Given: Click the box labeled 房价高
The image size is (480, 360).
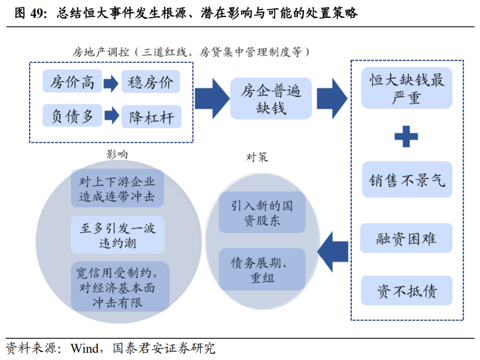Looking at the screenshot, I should pos(72,82).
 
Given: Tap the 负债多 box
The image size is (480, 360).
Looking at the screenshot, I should pos(72,116).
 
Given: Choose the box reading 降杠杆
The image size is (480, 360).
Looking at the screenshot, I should pos(151,117).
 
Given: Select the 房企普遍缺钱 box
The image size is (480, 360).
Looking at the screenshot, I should pos(271,99).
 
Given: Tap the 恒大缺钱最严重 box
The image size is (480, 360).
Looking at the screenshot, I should pos(406,88).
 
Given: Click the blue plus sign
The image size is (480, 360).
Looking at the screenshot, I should pos(406,136).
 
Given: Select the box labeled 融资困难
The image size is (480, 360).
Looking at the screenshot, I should pos(406,239).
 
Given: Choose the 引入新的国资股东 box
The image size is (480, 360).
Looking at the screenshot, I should pos(262,212).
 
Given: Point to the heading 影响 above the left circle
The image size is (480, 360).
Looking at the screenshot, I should pos(117,154).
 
